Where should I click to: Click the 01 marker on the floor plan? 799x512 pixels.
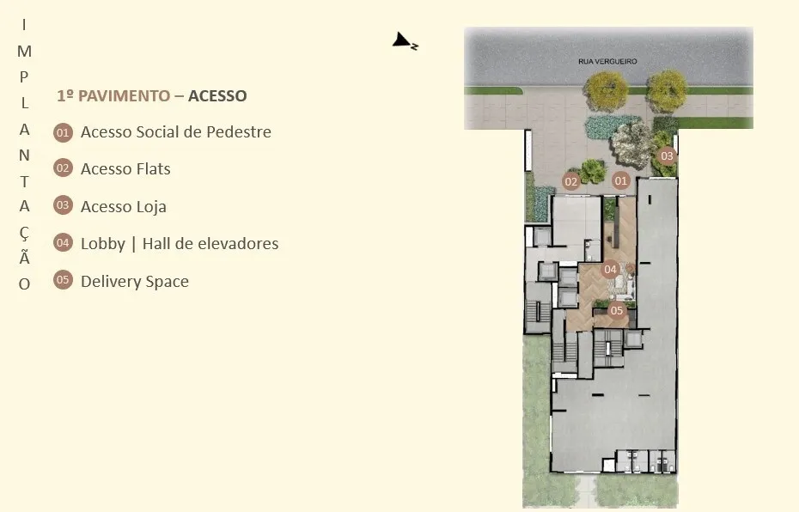click(620, 180)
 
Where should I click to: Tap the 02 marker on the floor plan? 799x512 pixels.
click(571, 181)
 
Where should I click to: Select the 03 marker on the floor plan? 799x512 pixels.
click(667, 155)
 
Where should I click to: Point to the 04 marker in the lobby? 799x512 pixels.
click(611, 269)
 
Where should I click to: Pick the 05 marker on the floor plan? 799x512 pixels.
click(617, 310)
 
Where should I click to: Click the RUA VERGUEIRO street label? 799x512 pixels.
click(607, 61)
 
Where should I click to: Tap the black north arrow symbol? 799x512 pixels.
click(405, 41)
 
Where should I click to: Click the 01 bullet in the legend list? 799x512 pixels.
click(63, 132)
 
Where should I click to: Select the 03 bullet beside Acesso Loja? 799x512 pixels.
click(63, 205)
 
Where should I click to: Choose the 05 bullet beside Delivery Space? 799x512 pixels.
click(63, 280)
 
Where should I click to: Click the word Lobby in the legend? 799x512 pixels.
click(102, 244)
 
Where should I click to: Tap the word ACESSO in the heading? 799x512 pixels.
click(217, 95)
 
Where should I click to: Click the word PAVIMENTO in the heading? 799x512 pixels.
click(124, 95)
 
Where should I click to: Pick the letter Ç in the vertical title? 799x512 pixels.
click(24, 233)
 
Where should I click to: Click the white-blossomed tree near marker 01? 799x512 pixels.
click(631, 144)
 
